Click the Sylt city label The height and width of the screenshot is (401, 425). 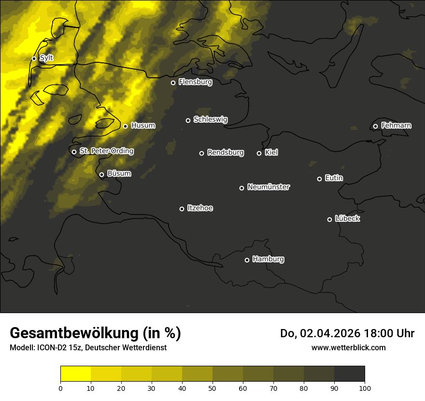46,58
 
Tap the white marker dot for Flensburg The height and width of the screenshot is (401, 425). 173,83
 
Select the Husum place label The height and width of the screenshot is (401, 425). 143,126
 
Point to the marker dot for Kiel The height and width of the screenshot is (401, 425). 259,153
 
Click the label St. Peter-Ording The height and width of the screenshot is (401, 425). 106,151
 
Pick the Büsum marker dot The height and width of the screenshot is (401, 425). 101,175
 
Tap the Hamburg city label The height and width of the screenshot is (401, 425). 268,259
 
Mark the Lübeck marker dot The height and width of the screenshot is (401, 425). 329,219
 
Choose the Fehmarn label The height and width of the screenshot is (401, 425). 396,126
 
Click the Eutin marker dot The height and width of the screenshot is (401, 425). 319,179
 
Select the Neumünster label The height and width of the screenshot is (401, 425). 268,187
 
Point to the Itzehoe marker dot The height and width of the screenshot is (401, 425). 182,209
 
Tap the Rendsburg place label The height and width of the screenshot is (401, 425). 226,153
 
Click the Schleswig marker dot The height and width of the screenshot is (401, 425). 188,120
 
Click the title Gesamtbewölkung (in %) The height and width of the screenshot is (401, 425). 95,333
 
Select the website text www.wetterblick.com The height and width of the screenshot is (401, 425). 348,347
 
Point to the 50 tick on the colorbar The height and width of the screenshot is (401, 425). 212,387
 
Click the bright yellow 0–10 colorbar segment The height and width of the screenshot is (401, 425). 75,374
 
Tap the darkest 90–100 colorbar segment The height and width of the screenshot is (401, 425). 349,374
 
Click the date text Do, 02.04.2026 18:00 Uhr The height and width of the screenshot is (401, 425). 347,333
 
